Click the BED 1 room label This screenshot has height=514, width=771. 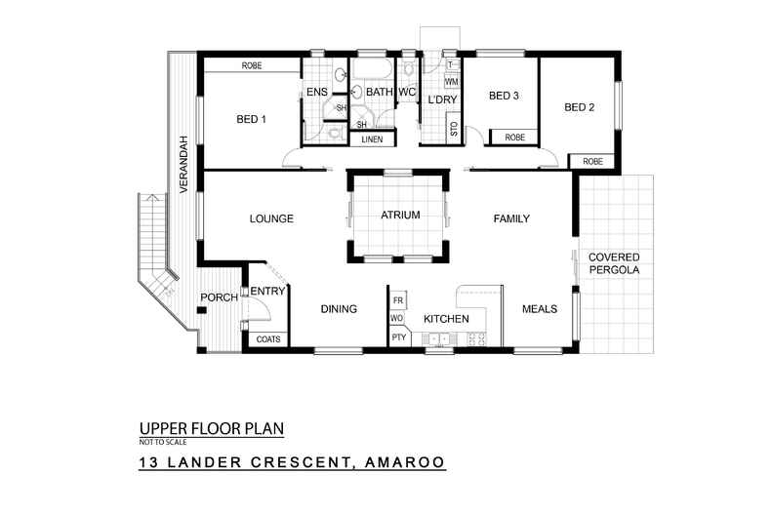(x=251, y=119)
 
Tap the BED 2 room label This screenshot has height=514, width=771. (x=579, y=107)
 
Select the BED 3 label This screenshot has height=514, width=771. (x=503, y=96)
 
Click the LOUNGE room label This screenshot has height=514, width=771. (x=271, y=218)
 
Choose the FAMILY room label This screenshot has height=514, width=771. (x=510, y=218)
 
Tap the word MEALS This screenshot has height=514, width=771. (x=539, y=309)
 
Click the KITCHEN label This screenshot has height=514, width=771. (x=446, y=319)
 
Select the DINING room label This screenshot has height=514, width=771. (x=339, y=309)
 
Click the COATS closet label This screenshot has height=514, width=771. (x=266, y=339)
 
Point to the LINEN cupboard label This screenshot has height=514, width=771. (x=372, y=139)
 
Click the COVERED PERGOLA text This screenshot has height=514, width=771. (x=613, y=263)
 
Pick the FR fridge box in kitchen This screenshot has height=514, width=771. (x=398, y=299)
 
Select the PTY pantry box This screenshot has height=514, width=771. (x=398, y=337)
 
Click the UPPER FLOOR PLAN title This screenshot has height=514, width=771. (x=211, y=428)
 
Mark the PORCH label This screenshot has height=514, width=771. (x=219, y=297)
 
